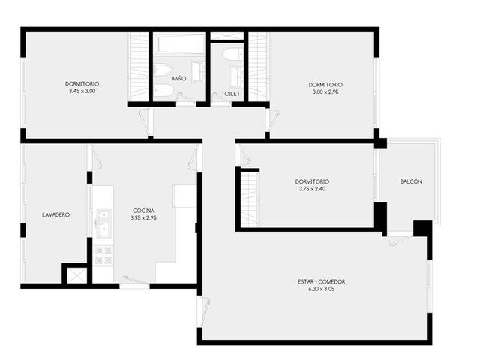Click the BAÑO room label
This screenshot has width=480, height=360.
[178, 78]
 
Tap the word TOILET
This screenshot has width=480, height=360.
[230, 94]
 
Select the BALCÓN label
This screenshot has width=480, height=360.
[411, 181]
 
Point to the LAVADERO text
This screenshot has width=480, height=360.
[55, 215]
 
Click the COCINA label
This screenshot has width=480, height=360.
[143, 211]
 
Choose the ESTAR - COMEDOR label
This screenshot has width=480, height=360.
[321, 281]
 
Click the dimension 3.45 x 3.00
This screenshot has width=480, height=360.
[82, 91]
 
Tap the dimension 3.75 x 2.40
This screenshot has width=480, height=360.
[312, 189]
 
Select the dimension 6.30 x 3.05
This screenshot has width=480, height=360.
[322, 289]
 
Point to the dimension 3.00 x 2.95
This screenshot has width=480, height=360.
[325, 91]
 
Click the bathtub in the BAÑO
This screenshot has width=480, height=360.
[179, 44]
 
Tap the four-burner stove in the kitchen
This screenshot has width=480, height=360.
[103, 256]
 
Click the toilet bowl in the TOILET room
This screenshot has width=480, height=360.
[233, 54]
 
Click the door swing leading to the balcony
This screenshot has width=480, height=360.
[400, 239]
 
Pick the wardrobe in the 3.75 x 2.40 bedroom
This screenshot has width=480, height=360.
[250, 199]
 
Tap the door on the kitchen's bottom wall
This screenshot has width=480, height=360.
[133, 281]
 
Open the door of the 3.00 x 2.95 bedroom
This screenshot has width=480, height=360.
[272, 120]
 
